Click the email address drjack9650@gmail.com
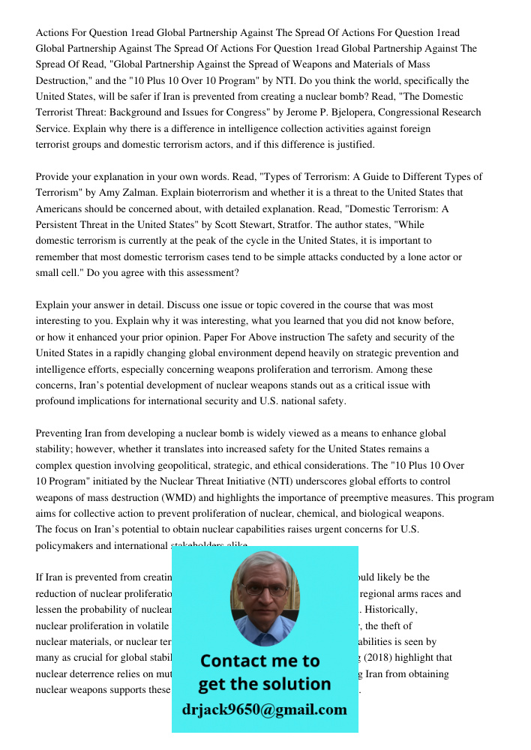point(264,709)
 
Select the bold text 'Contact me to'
point(259,661)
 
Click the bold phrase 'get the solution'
point(264,684)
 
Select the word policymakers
point(66,545)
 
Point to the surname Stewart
point(257,224)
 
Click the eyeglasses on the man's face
point(263,590)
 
